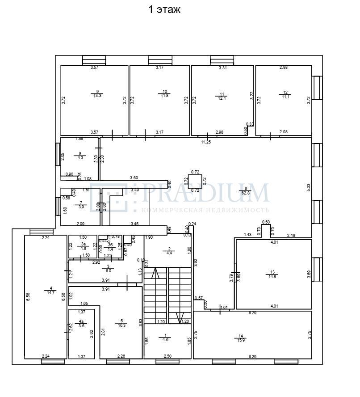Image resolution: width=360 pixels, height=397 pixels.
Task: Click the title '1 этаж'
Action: pyautogui.click(x=164, y=10)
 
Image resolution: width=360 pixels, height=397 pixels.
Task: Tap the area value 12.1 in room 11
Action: pyautogui.click(x=222, y=99)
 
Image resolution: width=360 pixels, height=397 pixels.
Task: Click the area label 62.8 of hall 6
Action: pyautogui.click(x=246, y=194)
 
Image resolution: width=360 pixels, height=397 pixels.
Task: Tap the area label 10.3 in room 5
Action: pyautogui.click(x=121, y=325)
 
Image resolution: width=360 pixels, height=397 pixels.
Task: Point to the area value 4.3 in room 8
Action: pyautogui.click(x=80, y=158)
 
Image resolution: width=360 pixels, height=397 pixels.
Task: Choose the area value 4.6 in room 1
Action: pyautogui.click(x=166, y=339)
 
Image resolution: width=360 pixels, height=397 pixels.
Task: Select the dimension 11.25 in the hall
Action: pyautogui.click(x=205, y=142)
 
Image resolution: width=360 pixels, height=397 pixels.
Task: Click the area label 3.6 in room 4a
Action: pyautogui.click(x=81, y=326)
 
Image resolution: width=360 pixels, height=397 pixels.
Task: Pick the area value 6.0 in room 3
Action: pyautogui.click(x=108, y=271)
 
